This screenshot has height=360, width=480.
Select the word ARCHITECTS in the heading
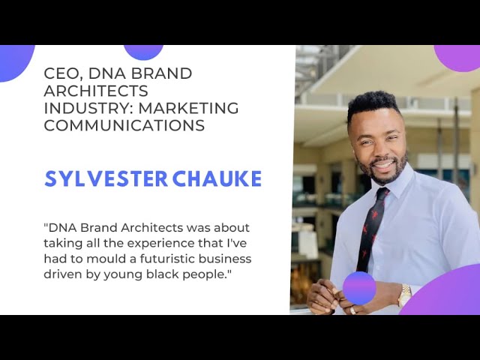pos(96,91)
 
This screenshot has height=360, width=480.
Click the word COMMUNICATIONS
pos(124,125)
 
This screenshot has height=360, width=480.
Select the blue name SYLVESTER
pos(106,178)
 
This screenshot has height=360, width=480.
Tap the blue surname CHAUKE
pos(217,178)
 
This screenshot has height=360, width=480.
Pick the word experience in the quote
pos(160,243)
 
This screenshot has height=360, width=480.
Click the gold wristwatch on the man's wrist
pos(405,295)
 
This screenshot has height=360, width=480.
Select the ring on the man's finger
pos(353,310)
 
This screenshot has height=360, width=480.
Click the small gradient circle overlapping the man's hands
pos(359,288)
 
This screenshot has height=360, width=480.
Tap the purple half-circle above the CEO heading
pos(143,52)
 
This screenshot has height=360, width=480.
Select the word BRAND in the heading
pos(162,73)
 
